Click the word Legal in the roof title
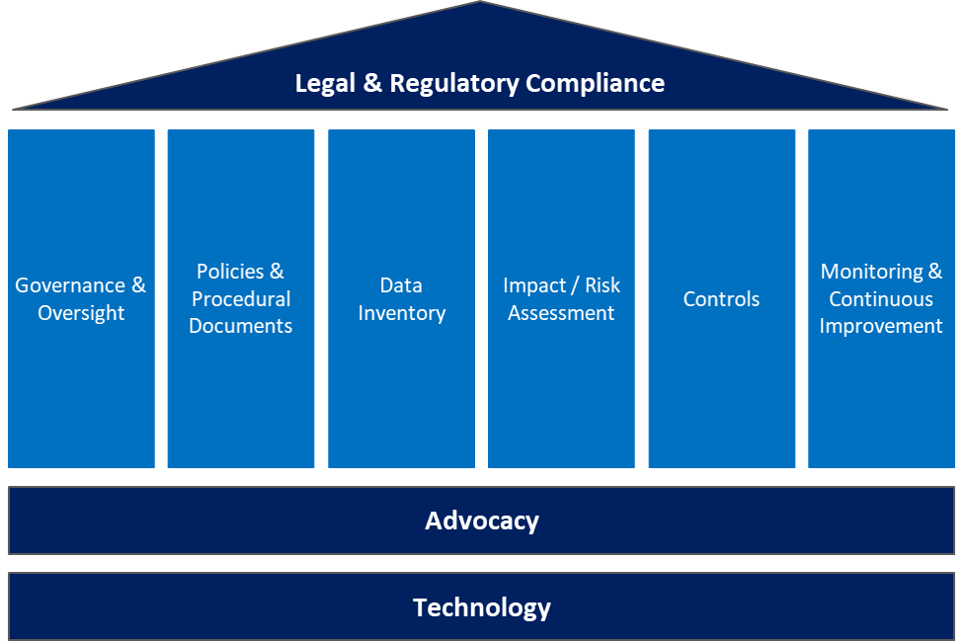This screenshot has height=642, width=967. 325,83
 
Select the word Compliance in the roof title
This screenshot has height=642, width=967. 595,83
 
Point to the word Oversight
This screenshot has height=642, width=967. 81,313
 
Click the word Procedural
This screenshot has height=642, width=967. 241,298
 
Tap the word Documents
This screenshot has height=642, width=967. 241,326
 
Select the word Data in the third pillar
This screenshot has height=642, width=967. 401,285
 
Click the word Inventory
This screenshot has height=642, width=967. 401,313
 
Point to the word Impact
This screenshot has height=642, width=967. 534,285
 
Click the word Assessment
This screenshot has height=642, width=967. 561,313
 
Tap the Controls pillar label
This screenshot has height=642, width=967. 721,298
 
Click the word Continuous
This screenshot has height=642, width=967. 881,298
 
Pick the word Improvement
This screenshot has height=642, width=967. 881,326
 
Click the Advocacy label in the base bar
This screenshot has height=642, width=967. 482,521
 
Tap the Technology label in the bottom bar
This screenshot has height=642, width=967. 482,606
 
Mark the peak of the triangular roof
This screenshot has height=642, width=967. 480,3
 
